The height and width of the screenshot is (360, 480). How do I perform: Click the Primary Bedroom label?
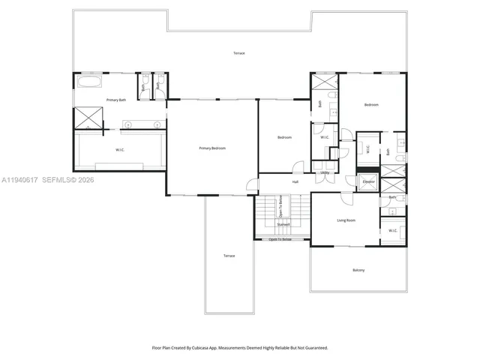(212, 148)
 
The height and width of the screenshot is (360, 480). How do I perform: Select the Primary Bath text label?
(116, 100)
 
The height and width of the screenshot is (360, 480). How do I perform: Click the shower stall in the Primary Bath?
(87, 118)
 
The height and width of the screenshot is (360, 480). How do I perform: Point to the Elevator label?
(368, 181)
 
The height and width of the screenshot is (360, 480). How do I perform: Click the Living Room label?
(346, 220)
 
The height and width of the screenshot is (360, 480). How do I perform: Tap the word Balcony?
(358, 270)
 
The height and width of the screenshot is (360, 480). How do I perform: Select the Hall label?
(295, 181)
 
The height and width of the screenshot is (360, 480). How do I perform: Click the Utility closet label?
(325, 172)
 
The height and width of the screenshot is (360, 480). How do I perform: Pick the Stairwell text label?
(283, 223)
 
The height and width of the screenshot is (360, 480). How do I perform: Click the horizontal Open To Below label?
(286, 240)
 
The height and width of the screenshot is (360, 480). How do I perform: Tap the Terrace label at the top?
(238, 53)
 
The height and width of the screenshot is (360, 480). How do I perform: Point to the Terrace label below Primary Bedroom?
(229, 256)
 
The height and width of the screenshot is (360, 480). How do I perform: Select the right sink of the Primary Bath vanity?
(157, 124)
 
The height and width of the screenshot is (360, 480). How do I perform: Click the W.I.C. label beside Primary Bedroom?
(119, 150)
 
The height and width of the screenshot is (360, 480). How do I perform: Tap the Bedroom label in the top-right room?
(372, 105)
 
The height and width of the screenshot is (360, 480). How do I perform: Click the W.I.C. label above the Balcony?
(392, 230)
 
